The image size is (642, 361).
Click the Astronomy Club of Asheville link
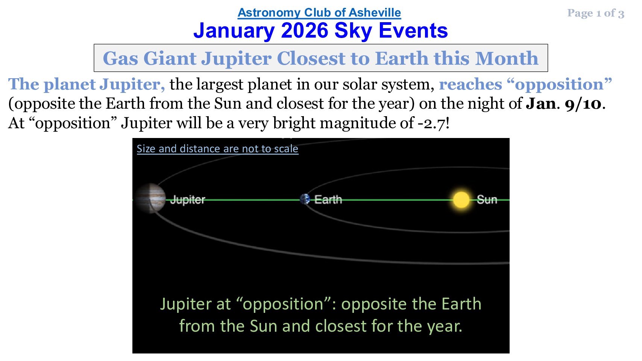tap(319, 13)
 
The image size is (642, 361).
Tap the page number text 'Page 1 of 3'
tap(596, 13)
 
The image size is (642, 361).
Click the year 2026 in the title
tap(304, 30)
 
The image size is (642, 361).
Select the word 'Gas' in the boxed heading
tap(120, 59)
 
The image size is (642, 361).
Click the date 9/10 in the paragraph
tap(583, 104)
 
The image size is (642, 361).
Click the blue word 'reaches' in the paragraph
tap(470, 84)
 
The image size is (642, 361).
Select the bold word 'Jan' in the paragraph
tap(541, 104)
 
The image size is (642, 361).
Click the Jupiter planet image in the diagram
tap(150, 198)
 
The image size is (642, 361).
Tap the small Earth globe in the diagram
tap(305, 199)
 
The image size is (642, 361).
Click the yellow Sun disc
tap(461, 200)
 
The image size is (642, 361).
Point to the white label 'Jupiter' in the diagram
tap(188, 200)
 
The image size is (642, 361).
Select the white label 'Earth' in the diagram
tap(328, 199)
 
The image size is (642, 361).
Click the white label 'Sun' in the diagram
tap(487, 200)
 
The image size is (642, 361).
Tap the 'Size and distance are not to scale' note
tap(217, 149)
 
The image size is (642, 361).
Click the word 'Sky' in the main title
tap(353, 31)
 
